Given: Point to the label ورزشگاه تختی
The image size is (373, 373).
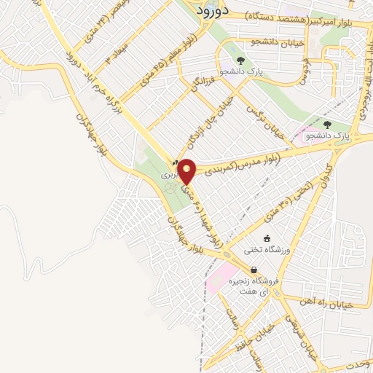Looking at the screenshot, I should point(270,250).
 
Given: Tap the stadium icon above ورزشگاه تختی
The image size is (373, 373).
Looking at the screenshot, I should point(267,238).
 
